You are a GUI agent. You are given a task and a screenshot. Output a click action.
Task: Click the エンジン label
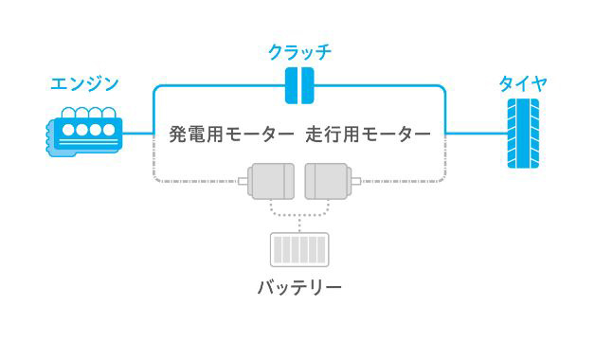click(x=85, y=83)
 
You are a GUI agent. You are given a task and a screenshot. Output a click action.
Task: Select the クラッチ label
click(x=299, y=49)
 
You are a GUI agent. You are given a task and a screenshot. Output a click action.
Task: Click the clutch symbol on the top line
click(x=299, y=86)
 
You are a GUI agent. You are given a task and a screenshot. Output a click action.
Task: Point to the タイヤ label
click(x=523, y=83)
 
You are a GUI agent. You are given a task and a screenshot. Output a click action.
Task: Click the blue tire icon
click(x=523, y=133)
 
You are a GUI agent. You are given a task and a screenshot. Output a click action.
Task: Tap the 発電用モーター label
click(x=231, y=134)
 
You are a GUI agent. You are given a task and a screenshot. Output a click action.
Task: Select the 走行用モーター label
click(x=369, y=134)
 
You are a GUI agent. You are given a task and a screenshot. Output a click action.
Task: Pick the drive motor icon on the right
click(x=328, y=180)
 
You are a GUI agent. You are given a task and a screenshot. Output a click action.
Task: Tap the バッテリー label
click(x=299, y=286)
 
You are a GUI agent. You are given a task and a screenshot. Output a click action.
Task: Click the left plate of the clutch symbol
click(x=293, y=86)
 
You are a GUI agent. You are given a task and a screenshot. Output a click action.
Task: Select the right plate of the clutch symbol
click(x=307, y=86)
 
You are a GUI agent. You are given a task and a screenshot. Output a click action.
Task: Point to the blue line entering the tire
click(x=474, y=133)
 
